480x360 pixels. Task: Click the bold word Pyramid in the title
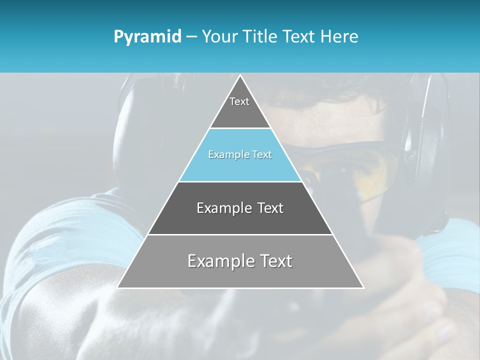147,37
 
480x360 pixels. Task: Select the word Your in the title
220,37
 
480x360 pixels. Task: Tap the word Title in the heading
260,37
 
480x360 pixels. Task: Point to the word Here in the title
339,37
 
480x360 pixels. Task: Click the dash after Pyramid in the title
191,37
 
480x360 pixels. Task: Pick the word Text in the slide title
299,37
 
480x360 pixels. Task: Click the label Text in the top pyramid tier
239,101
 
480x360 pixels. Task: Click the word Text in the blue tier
262,155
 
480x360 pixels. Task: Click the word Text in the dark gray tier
270,208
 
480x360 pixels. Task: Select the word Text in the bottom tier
275,261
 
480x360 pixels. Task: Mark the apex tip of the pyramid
240,75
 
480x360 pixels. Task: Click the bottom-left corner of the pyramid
117,287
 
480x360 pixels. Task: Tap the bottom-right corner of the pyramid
363,287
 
